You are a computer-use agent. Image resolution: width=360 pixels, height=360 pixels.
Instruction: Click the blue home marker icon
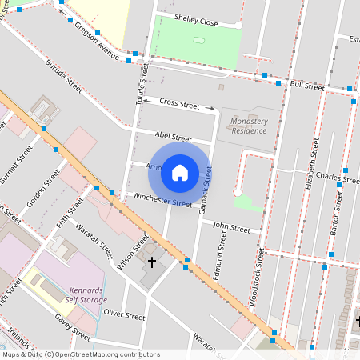click(x=180, y=170)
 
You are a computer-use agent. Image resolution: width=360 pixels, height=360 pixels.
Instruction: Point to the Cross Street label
click(x=179, y=103)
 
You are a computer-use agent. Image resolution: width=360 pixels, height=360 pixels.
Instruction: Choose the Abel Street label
click(x=173, y=138)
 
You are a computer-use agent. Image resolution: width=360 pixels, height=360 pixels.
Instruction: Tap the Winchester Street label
click(x=162, y=199)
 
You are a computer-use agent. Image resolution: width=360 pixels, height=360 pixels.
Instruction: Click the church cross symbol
click(x=152, y=262)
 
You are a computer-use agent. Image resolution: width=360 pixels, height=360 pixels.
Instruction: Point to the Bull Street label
click(x=307, y=85)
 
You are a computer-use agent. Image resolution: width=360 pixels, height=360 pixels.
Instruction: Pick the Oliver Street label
click(x=124, y=316)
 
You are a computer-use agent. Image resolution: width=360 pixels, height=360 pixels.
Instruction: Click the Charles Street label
click(x=337, y=177)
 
